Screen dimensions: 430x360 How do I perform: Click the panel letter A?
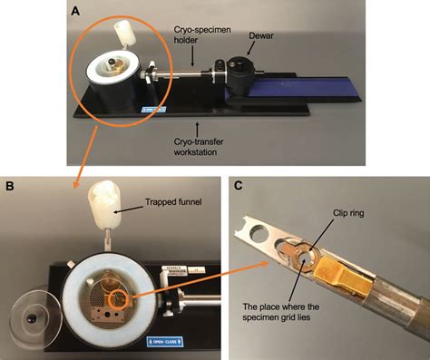pyautogui.click(x=75, y=12)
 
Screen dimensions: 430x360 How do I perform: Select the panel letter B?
pyautogui.click(x=10, y=186)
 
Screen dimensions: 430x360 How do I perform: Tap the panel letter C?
pyautogui.click(x=239, y=186)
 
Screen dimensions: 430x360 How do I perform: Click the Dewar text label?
pyautogui.click(x=261, y=35)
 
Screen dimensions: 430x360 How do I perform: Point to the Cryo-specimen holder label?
pyautogui.click(x=202, y=34)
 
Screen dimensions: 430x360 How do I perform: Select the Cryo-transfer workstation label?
pyautogui.click(x=199, y=147)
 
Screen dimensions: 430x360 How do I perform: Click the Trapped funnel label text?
pyautogui.click(x=173, y=201)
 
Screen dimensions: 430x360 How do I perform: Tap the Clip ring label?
pyautogui.click(x=348, y=213)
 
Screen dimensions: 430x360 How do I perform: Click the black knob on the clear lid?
pyautogui.click(x=31, y=318)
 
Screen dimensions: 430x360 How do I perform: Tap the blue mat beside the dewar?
pyautogui.click(x=302, y=86)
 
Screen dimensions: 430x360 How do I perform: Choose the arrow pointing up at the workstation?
pyautogui.click(x=198, y=130)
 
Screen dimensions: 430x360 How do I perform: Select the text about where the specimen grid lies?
pyautogui.click(x=281, y=312)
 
